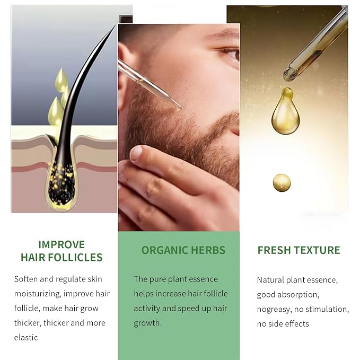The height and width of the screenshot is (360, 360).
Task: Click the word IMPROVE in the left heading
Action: [x=62, y=244]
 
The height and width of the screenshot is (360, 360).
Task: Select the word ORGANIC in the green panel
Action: [x=164, y=250]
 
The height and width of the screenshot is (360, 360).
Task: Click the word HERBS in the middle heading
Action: [x=208, y=250]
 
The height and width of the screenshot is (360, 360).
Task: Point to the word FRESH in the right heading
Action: [x=274, y=250]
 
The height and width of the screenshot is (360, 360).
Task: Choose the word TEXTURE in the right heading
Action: [x=317, y=250]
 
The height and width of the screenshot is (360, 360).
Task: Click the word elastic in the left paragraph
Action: [x=26, y=338]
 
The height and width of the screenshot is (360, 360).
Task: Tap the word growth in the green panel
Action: [x=147, y=323]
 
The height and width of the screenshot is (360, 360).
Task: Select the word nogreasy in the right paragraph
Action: [x=273, y=310]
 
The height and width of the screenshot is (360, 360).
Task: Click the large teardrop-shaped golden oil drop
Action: [x=286, y=111]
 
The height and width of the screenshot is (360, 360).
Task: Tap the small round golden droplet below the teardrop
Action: [x=282, y=183]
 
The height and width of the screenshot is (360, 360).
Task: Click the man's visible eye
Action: [x=231, y=54]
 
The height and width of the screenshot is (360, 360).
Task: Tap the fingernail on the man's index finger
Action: [x=136, y=153]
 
